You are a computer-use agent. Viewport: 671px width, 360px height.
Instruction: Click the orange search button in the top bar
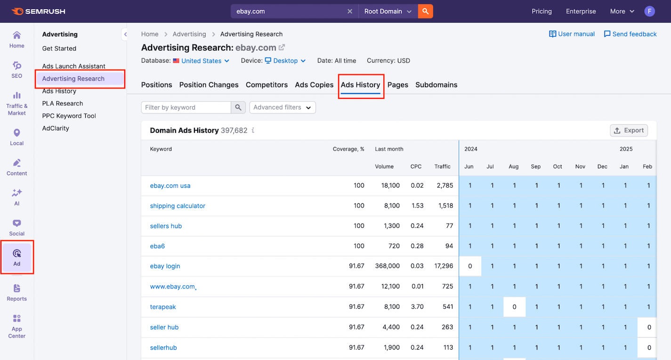(425, 11)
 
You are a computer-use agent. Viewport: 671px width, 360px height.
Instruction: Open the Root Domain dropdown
(388, 11)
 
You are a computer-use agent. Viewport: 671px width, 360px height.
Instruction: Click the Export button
(629, 130)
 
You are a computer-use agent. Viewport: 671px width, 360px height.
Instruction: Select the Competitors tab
(267, 85)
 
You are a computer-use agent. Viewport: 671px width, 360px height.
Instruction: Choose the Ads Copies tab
(314, 85)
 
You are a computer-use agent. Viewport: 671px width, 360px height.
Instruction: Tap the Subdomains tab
(436, 85)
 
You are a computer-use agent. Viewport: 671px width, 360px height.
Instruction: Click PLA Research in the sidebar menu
(63, 104)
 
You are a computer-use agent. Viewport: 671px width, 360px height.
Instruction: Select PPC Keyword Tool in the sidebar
(69, 116)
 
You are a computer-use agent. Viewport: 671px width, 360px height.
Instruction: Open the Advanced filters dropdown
(282, 107)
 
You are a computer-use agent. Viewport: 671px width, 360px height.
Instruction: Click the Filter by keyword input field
(186, 107)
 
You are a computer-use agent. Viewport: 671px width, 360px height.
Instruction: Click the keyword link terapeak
(163, 307)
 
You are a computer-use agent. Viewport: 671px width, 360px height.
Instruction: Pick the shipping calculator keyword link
(178, 206)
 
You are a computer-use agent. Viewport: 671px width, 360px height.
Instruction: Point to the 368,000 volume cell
(387, 266)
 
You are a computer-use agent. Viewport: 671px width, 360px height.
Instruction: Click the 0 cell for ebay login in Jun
(470, 266)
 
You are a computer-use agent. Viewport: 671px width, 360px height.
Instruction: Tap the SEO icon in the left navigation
(17, 69)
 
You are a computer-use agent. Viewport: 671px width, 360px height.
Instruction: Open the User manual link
(572, 34)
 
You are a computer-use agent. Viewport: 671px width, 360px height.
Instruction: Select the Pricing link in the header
(542, 11)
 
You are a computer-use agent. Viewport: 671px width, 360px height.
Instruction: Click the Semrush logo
(38, 11)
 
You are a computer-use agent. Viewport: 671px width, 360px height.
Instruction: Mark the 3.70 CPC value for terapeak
(417, 307)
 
